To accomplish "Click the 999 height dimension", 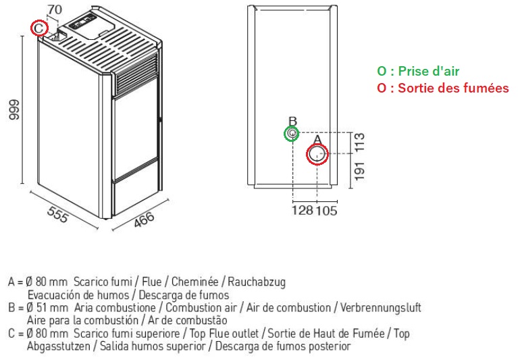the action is (14, 109).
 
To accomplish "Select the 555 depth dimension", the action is (58, 215).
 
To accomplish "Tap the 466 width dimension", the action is (144, 219).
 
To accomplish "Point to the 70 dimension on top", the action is (55, 9).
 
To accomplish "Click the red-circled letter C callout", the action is (39, 28).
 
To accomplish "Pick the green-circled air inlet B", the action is (292, 134).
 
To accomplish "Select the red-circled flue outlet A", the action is (317, 155).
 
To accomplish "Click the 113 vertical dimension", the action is (359, 143).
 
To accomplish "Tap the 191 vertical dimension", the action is (359, 171).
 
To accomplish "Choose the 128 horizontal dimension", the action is (303, 210).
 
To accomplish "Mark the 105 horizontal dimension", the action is (326, 210).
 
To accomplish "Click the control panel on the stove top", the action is (81, 23).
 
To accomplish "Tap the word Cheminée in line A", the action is (195, 282).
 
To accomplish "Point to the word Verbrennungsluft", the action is (381, 308).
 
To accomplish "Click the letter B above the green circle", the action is (292, 121).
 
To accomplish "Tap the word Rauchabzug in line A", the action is (257, 282).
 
